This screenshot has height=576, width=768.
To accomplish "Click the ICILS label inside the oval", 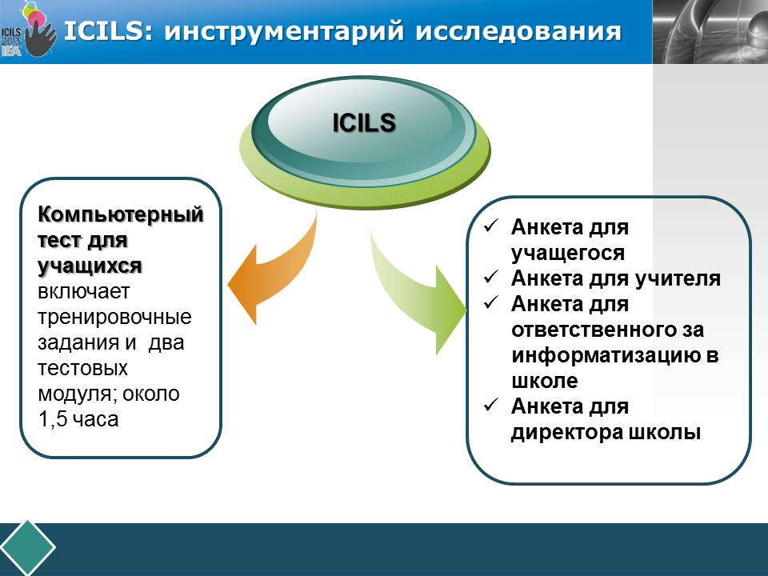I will click(364, 122).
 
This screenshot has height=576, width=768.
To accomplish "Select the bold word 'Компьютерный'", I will click(120, 214).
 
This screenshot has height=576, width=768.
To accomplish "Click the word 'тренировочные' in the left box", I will click(115, 316).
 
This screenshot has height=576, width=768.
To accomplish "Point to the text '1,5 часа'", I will click(78, 418).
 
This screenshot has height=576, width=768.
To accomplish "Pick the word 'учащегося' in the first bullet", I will click(568, 253).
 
